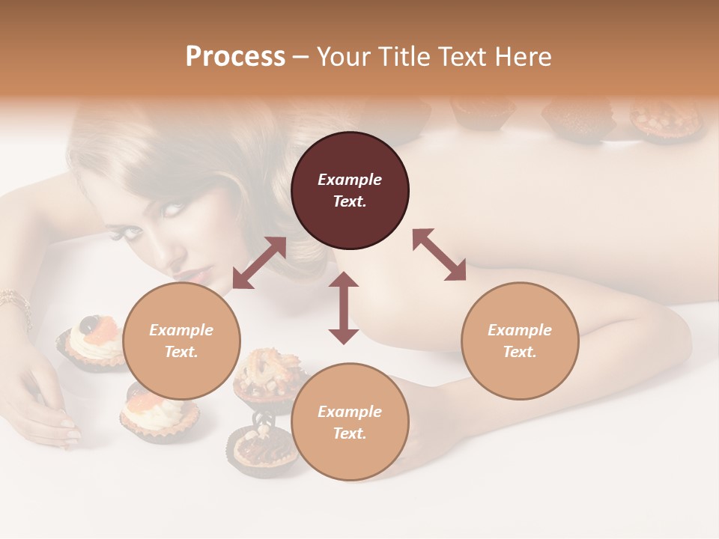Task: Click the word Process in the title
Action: click(x=235, y=57)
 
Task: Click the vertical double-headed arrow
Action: click(x=344, y=308)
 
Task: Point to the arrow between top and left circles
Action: click(x=259, y=263)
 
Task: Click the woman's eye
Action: click(x=172, y=209)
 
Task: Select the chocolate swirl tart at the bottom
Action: click(x=264, y=449)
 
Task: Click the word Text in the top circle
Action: click(x=350, y=201)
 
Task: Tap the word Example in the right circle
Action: click(x=520, y=330)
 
